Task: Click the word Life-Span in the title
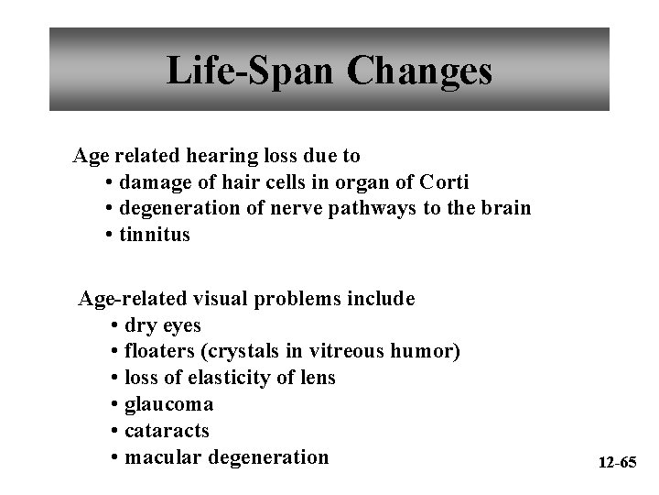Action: coord(239,71)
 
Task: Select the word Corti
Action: coord(443,181)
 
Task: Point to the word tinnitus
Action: coord(157,234)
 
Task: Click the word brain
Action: coord(504,207)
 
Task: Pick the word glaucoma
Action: coord(168,404)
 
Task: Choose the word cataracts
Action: coord(167,430)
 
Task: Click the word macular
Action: coord(160,456)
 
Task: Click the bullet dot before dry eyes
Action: coord(113,326)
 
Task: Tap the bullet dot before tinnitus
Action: coord(109,235)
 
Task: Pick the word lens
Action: coord(317,378)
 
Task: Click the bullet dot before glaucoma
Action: coord(113,404)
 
